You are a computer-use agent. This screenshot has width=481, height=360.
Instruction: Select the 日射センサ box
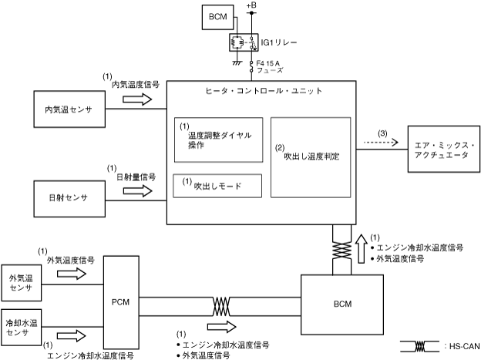[x=69, y=198]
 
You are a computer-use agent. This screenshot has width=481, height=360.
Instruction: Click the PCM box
[x=121, y=303]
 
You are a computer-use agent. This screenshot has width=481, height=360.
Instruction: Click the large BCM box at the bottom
[x=343, y=304]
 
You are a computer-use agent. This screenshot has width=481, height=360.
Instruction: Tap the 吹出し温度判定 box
[x=311, y=156]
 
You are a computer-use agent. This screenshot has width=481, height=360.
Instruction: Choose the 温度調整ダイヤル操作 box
[x=218, y=139]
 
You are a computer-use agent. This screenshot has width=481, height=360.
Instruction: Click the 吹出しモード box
[x=218, y=185]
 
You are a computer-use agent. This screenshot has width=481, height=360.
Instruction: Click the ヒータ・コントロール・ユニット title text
[x=262, y=91]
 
